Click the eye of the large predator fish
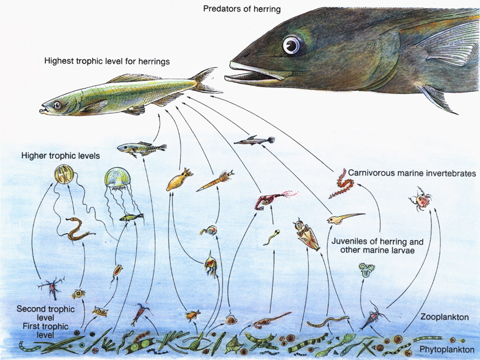[x=291, y=46]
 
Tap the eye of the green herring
[x=57, y=105]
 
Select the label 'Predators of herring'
[x=241, y=9]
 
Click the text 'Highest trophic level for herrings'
[x=107, y=61]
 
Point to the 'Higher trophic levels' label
[x=60, y=156]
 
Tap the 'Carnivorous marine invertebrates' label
[x=411, y=173]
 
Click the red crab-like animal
[x=420, y=199]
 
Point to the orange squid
[x=179, y=180]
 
